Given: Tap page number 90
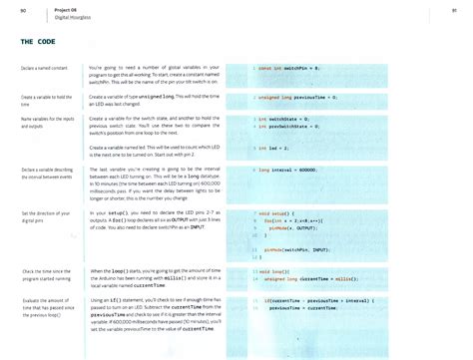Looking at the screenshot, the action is point(23,10).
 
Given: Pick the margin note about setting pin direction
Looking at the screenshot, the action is point(42,216).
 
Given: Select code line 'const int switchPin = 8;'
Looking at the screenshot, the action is point(288,68).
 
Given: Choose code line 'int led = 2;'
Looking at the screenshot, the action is point(272,147).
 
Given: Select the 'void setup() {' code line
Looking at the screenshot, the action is point(279,213).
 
